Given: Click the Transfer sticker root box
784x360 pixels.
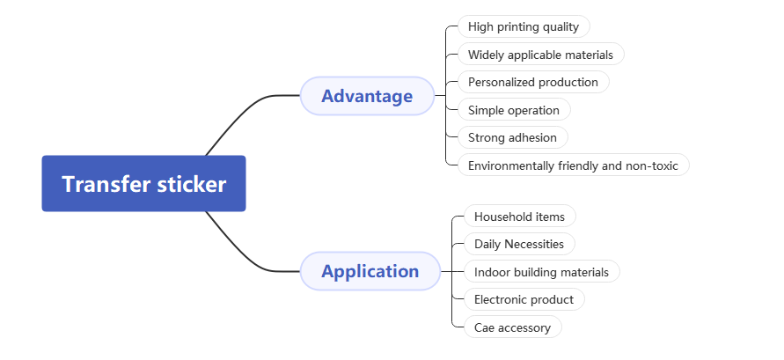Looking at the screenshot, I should [x=143, y=184].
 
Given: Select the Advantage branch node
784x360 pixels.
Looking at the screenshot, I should [x=367, y=96].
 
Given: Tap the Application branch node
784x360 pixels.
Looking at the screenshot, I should [x=370, y=271].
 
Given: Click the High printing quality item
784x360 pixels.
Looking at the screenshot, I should [x=524, y=26].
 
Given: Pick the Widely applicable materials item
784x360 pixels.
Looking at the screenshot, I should [x=540, y=55].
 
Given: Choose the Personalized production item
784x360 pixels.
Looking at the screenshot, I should [x=532, y=82].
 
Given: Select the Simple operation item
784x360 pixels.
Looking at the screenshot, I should [x=514, y=110].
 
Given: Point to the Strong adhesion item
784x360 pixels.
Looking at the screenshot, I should [x=512, y=137].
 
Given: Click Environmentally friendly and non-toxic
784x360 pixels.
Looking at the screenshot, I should [x=573, y=165].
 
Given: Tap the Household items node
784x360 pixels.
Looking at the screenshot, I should [x=519, y=216].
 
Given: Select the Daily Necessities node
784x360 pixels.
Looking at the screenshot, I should [x=519, y=244].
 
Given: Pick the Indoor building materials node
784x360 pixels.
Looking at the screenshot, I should [x=541, y=272].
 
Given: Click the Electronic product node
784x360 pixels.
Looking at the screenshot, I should [x=524, y=299].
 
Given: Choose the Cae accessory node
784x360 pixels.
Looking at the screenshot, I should [x=512, y=327].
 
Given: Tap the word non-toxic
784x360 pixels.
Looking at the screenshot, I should [x=652, y=165].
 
